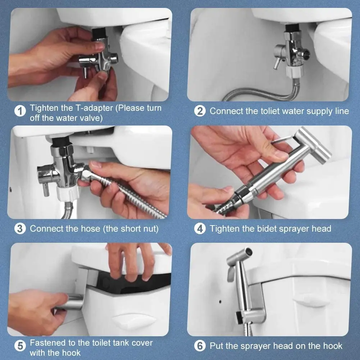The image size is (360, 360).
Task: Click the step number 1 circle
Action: tap(20, 111)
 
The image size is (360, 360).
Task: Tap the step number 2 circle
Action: tap(200, 111)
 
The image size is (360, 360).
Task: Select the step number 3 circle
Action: tap(20, 229)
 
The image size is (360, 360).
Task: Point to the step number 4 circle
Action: tap(200, 229)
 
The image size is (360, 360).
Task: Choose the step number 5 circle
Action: tap(20, 346)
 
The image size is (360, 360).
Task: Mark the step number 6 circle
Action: tap(200, 346)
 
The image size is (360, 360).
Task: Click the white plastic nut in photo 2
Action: tap(294, 72)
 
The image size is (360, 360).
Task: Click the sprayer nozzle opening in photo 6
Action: tap(248, 252)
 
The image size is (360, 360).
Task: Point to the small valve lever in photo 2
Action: tap(277, 63)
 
